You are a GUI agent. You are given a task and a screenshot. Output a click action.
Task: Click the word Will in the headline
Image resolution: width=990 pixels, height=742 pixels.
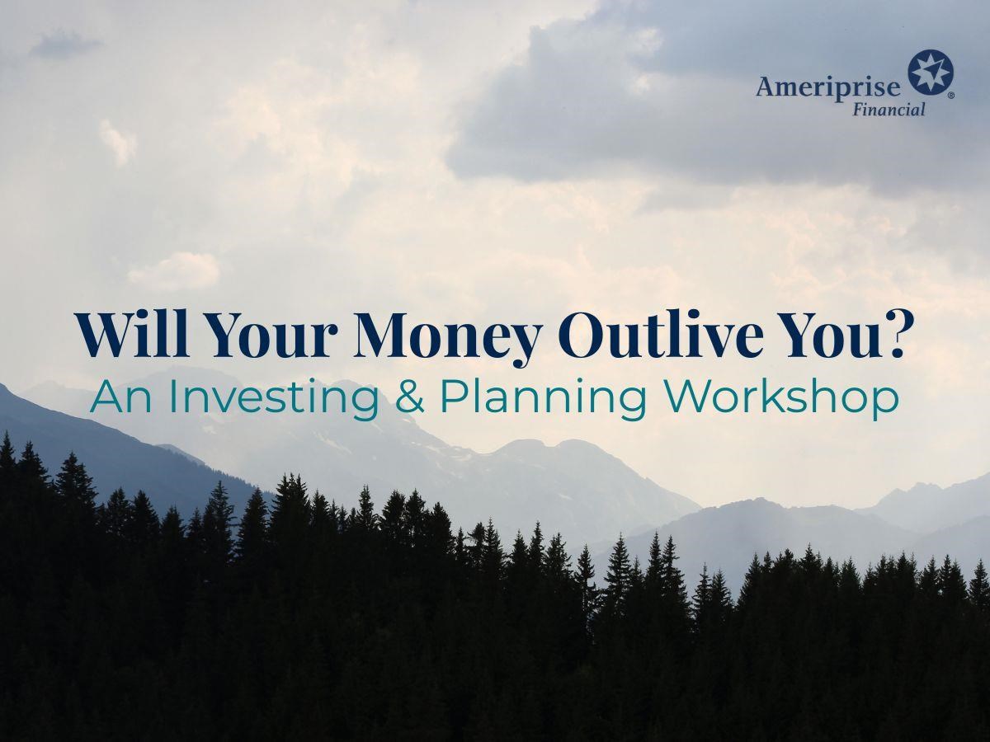click(132, 334)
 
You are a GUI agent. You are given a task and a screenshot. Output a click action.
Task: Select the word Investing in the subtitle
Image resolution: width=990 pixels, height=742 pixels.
click(274, 401)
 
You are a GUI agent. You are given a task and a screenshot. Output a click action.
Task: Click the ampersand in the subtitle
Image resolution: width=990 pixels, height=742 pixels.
click(410, 397)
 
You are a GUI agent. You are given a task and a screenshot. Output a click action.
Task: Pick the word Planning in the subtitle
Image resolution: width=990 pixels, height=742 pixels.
click(544, 401)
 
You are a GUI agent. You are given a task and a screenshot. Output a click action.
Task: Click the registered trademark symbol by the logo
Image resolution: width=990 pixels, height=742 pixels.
click(950, 96)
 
